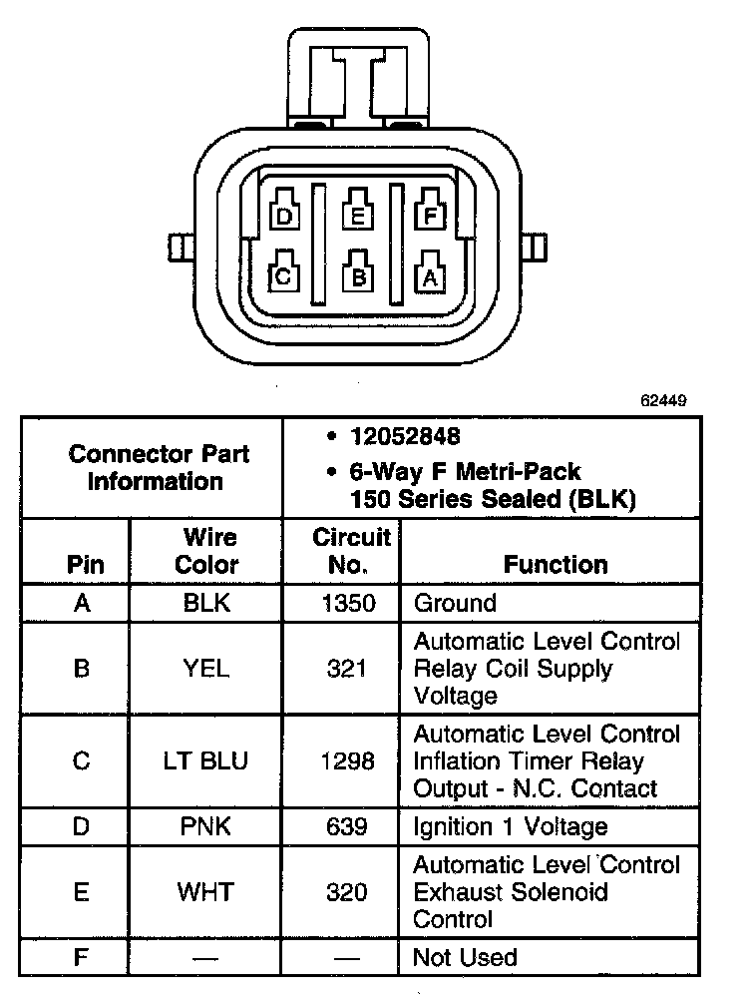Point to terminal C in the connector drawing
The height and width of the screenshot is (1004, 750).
283,275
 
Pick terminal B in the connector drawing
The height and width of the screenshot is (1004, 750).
357,275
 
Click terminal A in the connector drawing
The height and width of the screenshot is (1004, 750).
430,275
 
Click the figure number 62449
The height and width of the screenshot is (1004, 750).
662,402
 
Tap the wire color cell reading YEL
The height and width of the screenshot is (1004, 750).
205,668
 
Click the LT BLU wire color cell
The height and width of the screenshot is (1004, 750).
205,761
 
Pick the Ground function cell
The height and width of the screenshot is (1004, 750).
455,603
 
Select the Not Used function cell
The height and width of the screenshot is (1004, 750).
465,957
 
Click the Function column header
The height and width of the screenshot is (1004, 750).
556,564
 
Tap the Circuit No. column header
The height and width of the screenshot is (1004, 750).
351,551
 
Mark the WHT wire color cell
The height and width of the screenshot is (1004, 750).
205,892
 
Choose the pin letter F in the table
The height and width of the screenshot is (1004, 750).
82,957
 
